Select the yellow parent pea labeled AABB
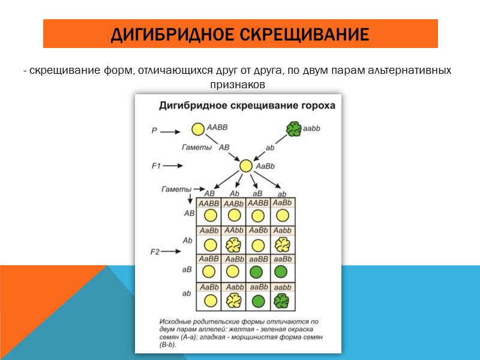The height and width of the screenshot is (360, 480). coord(198,129)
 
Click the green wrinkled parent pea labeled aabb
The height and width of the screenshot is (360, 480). coord(293,129)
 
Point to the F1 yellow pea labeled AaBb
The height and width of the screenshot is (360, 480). coord(245,166)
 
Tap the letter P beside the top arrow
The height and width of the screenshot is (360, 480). coord(154,130)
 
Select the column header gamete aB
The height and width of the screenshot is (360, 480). coord(257,193)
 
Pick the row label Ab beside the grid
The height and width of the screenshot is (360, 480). coord(188,240)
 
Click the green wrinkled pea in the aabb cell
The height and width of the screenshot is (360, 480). coord(281,300)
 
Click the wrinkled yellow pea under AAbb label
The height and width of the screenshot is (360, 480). coord(233,244)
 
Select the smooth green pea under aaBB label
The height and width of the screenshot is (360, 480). coord(257,272)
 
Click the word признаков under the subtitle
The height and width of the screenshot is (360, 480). coord(237,85)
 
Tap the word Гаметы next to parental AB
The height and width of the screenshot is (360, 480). coord(197,146)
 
